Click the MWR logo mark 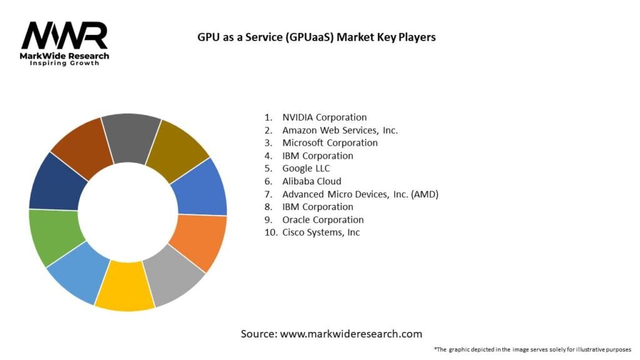65,36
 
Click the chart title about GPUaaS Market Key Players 316,37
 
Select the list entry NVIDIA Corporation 324,117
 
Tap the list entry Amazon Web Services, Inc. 339,130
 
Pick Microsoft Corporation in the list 329,142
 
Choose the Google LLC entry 306,168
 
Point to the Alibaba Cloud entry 311,181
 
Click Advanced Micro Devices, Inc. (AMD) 360,194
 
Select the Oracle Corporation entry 322,219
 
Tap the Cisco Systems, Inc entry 321,232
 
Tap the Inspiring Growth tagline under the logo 64,64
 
